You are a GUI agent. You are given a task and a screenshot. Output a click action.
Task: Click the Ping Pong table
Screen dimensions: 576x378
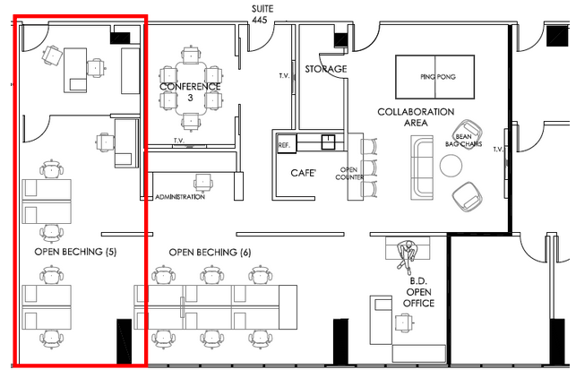tap(435, 77)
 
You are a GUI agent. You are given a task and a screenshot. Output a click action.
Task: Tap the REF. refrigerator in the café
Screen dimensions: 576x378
tap(287, 143)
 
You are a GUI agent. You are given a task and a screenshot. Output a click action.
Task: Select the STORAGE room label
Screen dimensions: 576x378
tap(326, 69)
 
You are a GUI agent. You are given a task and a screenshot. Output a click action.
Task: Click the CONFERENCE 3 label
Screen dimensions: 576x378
tap(190, 92)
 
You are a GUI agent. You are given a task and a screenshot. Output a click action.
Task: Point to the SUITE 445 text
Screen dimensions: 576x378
tap(262, 14)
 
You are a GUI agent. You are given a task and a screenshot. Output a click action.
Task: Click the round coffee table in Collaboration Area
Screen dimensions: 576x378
tap(451, 166)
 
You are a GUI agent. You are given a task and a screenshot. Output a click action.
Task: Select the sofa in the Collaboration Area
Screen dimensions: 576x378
tap(422, 168)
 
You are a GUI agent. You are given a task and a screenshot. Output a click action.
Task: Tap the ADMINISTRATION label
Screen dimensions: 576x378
tap(180, 197)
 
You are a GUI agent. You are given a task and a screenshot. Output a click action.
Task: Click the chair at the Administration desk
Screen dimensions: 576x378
tap(203, 183)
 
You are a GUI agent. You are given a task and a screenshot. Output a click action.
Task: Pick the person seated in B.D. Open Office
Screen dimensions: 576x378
tap(407, 255)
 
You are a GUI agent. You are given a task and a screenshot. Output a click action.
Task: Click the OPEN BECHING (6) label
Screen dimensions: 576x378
tap(210, 253)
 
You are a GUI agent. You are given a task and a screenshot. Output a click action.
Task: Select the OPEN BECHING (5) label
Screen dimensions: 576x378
tap(75, 252)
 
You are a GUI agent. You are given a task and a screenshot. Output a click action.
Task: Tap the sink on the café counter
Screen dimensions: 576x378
tap(328, 142)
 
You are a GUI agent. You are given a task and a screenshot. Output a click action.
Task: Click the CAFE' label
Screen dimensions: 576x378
tap(303, 173)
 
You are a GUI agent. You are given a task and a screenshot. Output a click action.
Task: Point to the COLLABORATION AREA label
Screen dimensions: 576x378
tap(416, 117)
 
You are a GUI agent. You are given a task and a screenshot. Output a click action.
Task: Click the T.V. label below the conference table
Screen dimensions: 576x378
tap(179, 141)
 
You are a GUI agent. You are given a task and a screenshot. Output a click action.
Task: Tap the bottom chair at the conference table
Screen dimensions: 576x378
tap(190, 122)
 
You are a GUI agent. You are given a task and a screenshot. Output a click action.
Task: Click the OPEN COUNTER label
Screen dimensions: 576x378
tap(349, 174)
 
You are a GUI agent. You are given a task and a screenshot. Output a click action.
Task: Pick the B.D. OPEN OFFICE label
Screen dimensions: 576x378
tap(418, 292)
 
